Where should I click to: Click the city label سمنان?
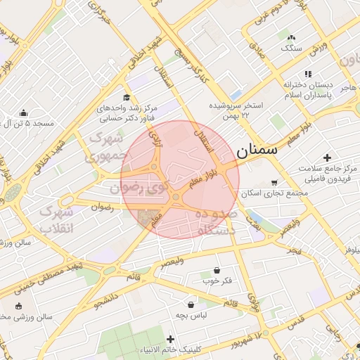point(257,150)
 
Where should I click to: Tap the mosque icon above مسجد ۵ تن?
point(24,112)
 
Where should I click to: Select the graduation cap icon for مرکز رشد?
point(126,97)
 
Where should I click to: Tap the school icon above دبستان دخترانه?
point(307,74)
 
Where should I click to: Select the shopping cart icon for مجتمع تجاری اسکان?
point(274,182)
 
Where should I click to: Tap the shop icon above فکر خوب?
point(217,270)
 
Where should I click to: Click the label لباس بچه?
point(191,315)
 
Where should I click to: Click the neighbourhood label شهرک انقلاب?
point(55,220)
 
